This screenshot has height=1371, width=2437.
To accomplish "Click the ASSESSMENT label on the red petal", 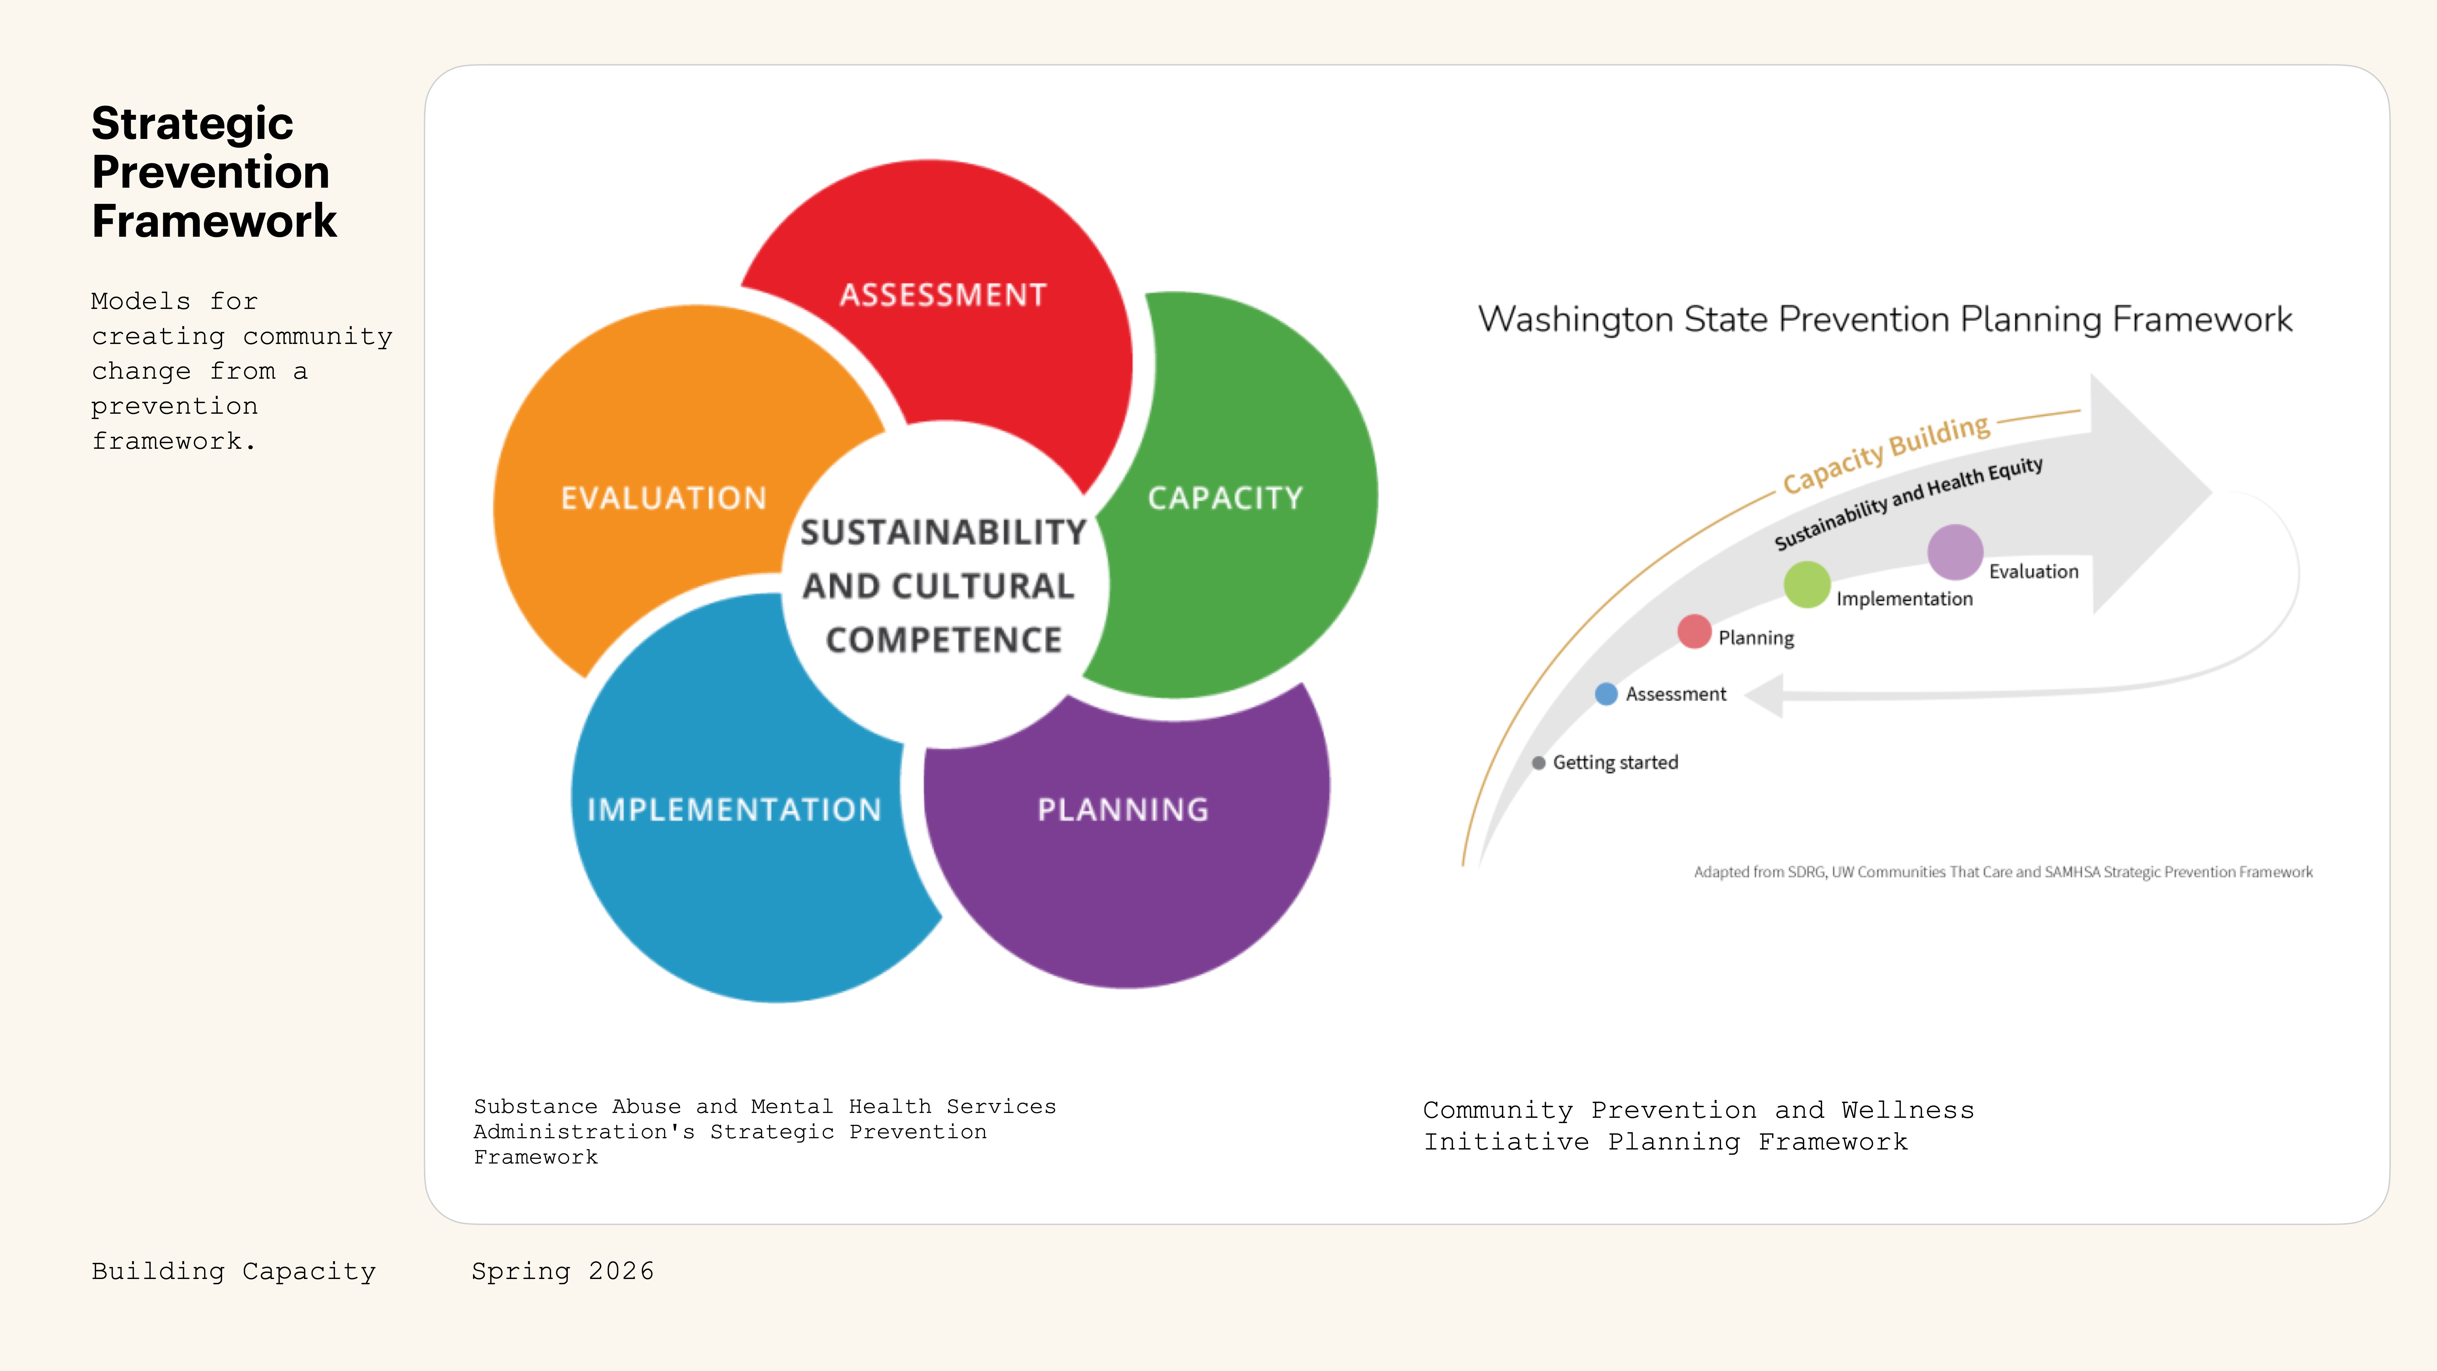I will [x=943, y=295].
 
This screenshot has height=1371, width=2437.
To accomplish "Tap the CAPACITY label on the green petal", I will [x=1225, y=499].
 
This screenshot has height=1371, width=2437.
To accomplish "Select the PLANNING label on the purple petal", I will [x=1123, y=810].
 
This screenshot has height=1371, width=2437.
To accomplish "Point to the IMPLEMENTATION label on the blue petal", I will [x=734, y=810].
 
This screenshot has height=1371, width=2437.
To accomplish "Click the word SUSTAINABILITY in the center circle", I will [x=943, y=533].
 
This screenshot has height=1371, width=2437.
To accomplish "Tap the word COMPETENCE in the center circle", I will [x=943, y=640].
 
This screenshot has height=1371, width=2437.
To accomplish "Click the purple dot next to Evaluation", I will [x=1955, y=552].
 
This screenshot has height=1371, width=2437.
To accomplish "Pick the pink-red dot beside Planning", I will [x=1694, y=631].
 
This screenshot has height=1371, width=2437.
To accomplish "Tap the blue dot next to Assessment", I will [x=1605, y=693].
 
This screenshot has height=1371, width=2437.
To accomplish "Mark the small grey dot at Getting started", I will [x=1538, y=763].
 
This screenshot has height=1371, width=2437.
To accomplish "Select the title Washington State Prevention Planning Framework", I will [x=1884, y=320].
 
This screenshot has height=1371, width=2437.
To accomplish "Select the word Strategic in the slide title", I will [x=192, y=124].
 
